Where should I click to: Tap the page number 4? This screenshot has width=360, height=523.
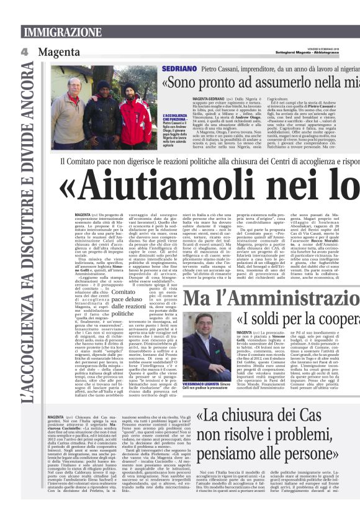pos(24,52)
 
